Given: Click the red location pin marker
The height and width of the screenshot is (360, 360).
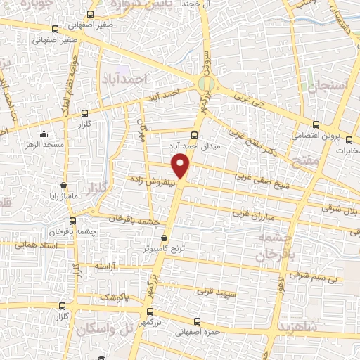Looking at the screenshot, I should click(x=181, y=165).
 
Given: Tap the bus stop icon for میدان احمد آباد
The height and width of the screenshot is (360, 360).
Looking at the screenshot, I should click(x=194, y=135).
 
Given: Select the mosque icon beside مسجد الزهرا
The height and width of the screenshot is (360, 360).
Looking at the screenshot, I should click(x=44, y=134).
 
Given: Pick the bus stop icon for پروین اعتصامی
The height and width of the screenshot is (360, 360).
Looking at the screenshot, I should click(x=316, y=124).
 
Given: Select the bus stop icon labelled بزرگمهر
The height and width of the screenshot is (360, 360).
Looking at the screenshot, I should click(x=149, y=310).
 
